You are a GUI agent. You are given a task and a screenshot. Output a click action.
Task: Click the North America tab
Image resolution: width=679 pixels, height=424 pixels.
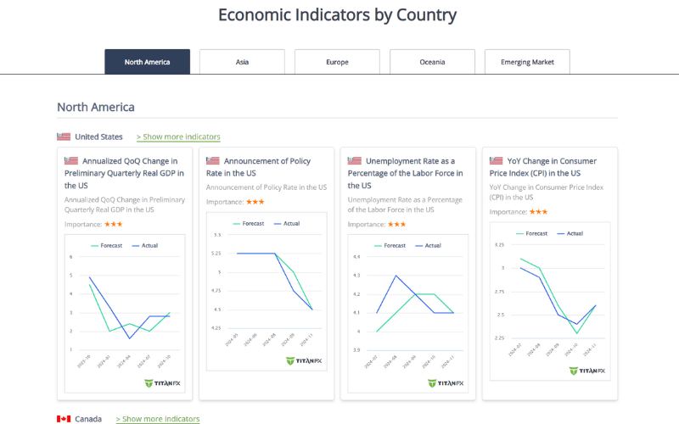coord(147,62)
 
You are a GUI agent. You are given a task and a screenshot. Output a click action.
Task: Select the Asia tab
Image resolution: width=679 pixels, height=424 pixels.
coord(242,62)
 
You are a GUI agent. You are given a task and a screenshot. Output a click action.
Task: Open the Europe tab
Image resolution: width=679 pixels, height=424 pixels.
coord(337,62)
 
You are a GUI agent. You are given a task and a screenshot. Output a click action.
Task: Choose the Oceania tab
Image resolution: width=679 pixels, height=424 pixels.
coord(432,62)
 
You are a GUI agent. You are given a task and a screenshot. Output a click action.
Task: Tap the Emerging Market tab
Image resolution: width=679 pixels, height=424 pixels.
coord(527,62)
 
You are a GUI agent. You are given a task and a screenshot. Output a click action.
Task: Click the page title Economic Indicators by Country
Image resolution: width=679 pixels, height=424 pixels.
coord(337,15)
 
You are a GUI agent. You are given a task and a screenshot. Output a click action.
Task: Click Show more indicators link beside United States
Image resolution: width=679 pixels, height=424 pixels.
coord(178,137)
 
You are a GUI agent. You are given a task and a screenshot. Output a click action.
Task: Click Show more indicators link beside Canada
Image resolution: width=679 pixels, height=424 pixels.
coord(158,419)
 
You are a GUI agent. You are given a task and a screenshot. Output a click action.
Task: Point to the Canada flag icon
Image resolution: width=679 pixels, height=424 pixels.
coord(64,419)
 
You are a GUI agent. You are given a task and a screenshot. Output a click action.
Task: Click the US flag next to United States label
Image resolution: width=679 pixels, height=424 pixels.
coord(64,137)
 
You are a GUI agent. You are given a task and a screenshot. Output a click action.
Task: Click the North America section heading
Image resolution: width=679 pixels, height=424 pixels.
coord(95,107)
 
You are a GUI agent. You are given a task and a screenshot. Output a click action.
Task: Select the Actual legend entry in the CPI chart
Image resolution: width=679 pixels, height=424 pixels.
coord(569,233)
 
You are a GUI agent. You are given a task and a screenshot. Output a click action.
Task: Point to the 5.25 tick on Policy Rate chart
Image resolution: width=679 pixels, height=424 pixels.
coord(216,254)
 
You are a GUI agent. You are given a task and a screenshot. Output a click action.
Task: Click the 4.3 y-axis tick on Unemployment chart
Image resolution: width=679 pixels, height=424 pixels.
coord(356,276)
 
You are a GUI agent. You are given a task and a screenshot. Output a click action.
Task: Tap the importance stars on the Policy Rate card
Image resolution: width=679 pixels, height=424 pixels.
coord(255,202)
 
